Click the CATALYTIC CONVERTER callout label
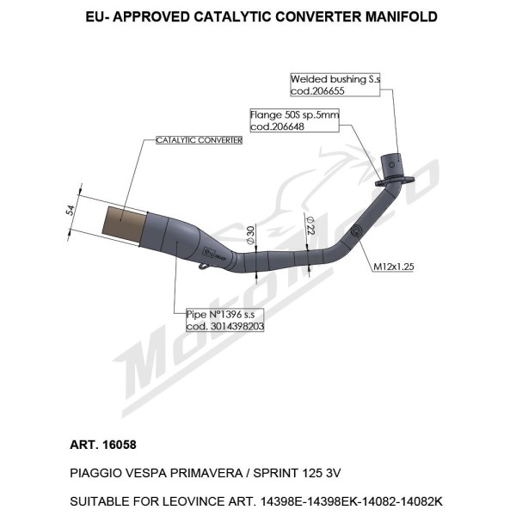pos(200,140)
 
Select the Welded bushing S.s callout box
pos(335,85)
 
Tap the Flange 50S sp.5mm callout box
pos(294,120)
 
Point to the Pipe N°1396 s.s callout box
pos(225,320)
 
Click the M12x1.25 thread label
pos(394,267)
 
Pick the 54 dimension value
pos(71,211)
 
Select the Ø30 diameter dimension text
pos(250,236)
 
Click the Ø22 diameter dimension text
pos(310,225)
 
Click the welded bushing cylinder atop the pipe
pos(391,166)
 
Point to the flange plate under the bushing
pos(395,181)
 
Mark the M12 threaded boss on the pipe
pos(356,230)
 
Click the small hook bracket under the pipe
pos(205,266)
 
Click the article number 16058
pos(120,445)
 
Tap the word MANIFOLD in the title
pos(402,17)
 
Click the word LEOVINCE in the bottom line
pos(193,501)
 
